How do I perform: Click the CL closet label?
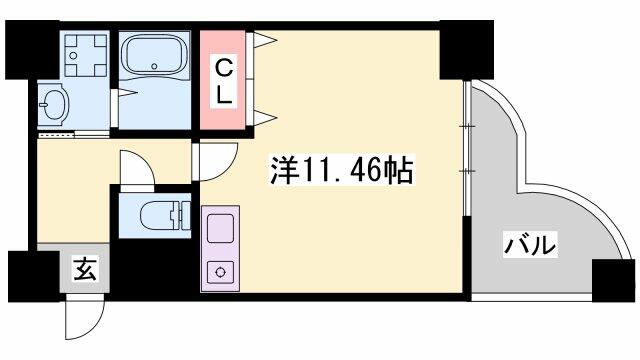click(x=224, y=81)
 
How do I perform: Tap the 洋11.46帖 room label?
click(x=341, y=170)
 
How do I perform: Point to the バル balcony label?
click(x=530, y=245)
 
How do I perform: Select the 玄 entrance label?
click(x=85, y=269)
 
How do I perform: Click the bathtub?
click(x=154, y=54)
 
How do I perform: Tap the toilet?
click(x=159, y=215)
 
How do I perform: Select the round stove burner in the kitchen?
click(x=221, y=272)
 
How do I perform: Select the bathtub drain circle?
click(x=154, y=67)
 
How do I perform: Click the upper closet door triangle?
click(x=264, y=40)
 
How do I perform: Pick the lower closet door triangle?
click(x=264, y=118)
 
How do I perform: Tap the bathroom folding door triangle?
click(x=127, y=93)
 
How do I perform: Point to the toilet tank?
click(x=185, y=215)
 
